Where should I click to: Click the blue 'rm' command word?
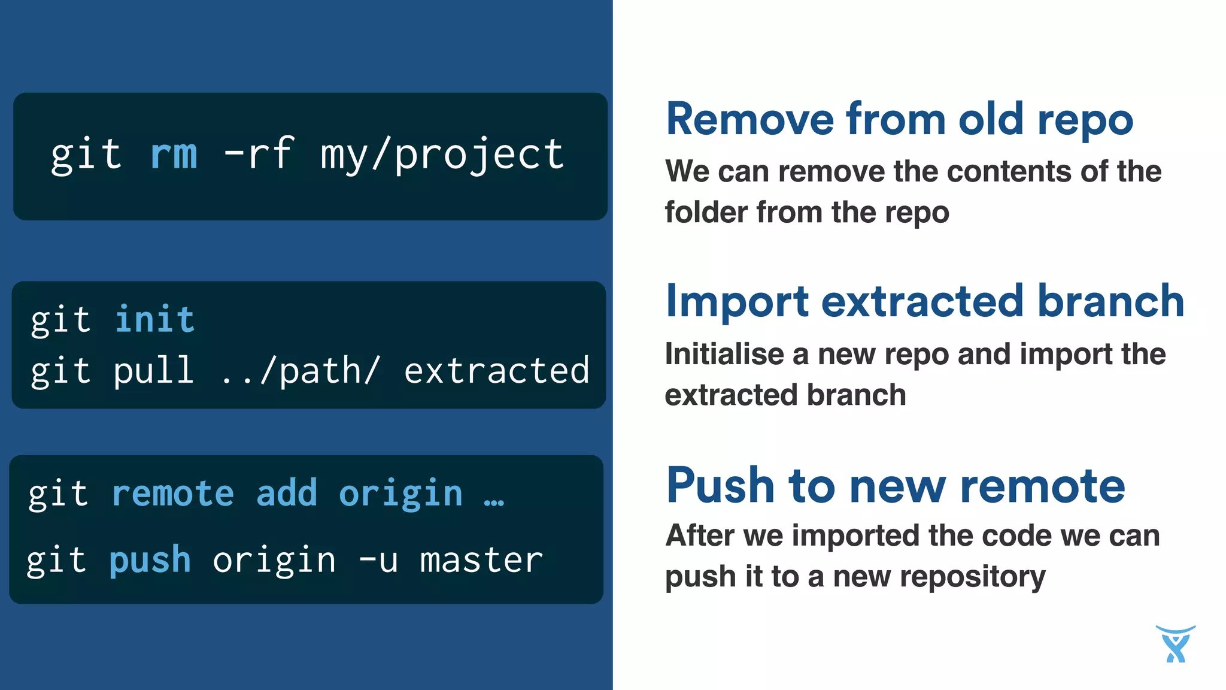(174, 155)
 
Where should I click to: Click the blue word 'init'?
(154, 319)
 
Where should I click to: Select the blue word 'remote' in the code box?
(173, 494)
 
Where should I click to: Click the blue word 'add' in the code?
(286, 494)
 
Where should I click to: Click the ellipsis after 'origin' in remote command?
(494, 501)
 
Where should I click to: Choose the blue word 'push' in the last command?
(150, 561)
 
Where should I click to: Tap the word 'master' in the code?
(481, 561)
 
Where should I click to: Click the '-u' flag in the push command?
(378, 561)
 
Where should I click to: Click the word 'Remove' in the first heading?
(749, 120)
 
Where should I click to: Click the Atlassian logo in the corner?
(1175, 644)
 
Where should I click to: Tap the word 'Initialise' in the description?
(724, 355)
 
